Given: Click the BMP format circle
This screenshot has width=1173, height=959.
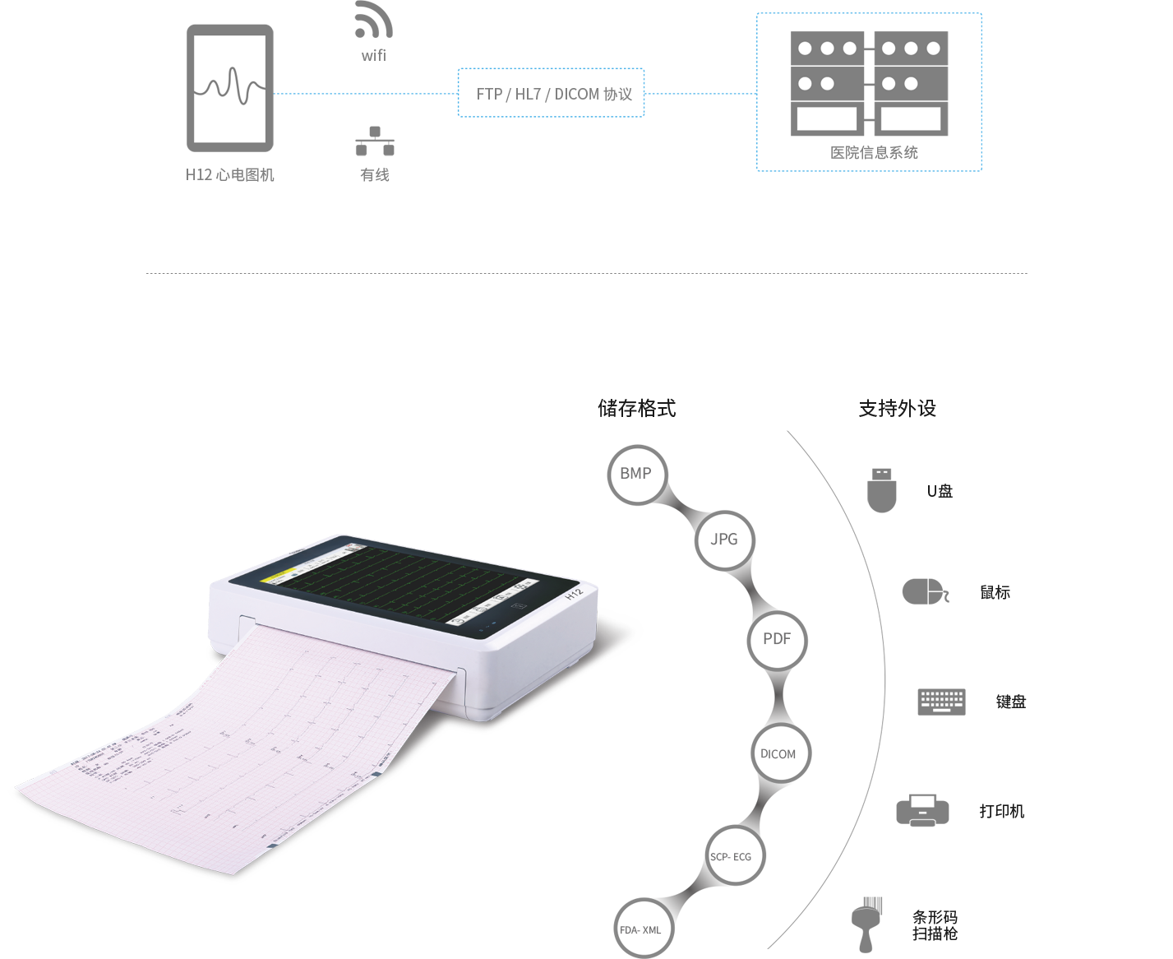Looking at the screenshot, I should pyautogui.click(x=636, y=474).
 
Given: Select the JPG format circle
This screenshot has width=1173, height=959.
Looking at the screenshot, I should pyautogui.click(x=723, y=540).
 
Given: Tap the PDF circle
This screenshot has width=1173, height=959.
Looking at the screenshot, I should pyautogui.click(x=777, y=639).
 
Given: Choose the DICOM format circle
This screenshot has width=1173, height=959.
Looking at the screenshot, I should pyautogui.click(x=778, y=753).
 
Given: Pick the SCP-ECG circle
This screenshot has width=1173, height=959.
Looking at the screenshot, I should pyautogui.click(x=731, y=856).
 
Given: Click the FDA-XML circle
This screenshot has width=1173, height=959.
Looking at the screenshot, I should pyautogui.click(x=641, y=929).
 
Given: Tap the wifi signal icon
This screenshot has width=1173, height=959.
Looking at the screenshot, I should pyautogui.click(x=374, y=25).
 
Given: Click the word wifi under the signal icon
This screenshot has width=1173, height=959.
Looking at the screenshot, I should pyautogui.click(x=374, y=55).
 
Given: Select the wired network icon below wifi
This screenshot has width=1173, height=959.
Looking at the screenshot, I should pyautogui.click(x=375, y=141).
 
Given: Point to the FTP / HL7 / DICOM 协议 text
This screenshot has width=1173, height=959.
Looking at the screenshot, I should pyautogui.click(x=554, y=95).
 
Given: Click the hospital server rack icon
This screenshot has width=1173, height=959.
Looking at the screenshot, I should pyautogui.click(x=870, y=83).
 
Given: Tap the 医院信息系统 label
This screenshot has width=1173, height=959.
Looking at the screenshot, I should pyautogui.click(x=874, y=153).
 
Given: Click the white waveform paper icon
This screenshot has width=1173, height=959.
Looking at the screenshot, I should pyautogui.click(x=229, y=89).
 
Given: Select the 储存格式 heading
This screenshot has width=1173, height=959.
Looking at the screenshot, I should pyautogui.click(x=636, y=408).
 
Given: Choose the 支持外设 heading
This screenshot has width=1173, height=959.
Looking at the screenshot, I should pyautogui.click(x=897, y=409).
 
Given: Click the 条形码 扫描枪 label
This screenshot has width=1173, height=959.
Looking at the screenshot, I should pyautogui.click(x=935, y=925).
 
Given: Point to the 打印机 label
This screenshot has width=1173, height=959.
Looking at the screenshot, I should pyautogui.click(x=1001, y=811).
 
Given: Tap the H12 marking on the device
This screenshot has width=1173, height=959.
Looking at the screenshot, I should pyautogui.click(x=574, y=593).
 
